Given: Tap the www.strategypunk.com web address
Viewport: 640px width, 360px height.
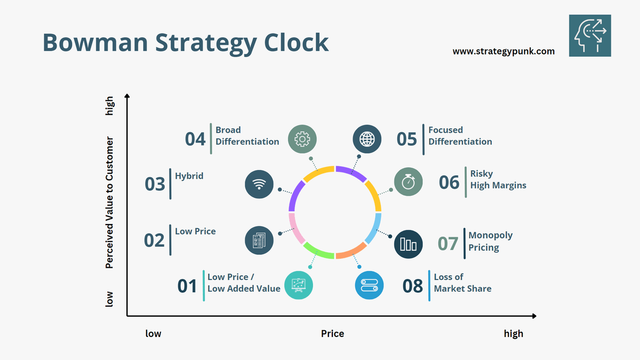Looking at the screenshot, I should [x=503, y=52].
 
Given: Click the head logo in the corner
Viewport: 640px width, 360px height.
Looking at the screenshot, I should [x=590, y=35].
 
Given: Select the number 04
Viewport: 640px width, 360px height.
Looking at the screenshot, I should [x=195, y=139].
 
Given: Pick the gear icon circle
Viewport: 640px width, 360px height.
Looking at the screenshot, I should [x=302, y=139].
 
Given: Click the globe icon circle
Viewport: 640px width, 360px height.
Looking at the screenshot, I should [x=367, y=139].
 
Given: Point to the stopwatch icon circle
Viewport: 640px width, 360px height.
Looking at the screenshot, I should [x=408, y=181].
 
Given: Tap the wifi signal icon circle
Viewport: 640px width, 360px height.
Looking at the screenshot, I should [x=259, y=184].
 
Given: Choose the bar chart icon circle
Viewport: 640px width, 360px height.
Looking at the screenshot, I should [x=409, y=244].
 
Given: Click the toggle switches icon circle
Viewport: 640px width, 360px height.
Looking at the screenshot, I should [x=369, y=285].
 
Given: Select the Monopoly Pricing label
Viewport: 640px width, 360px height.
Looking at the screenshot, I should [x=483, y=241].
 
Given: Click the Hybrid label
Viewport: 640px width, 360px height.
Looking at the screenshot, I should [x=189, y=175].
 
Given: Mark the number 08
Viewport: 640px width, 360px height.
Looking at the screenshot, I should [x=413, y=286].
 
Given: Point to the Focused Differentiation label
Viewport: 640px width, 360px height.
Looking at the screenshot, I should [x=460, y=135].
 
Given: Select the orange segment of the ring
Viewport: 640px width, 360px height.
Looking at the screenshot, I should [x=351, y=251].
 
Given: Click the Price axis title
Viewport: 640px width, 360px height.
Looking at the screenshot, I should [x=332, y=333].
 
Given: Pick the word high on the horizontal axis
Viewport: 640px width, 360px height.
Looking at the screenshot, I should [x=514, y=333].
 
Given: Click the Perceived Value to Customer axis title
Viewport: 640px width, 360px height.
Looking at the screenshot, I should [x=109, y=202].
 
